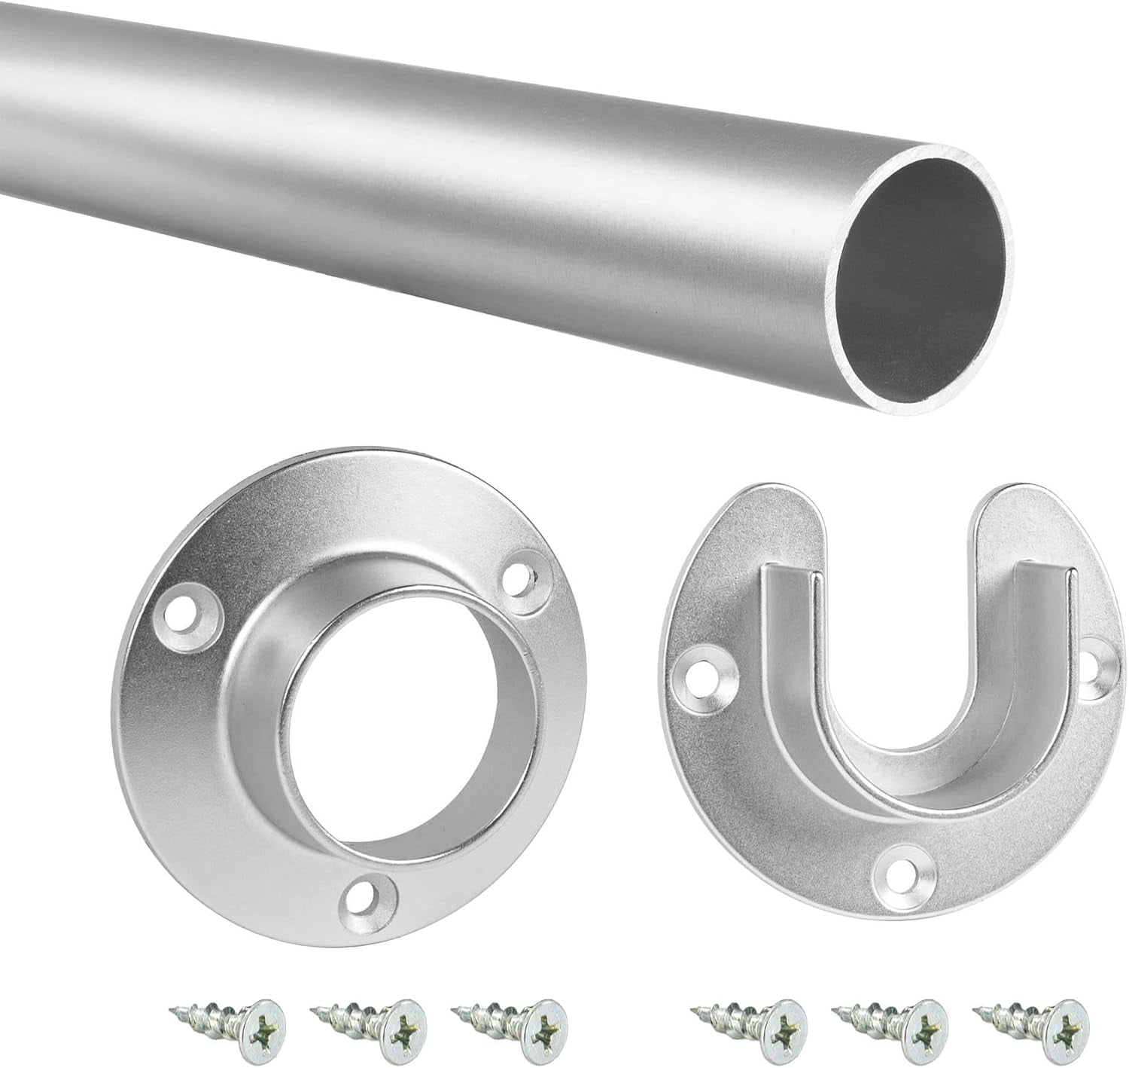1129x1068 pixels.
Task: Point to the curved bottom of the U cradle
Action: click(x=899, y=761)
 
